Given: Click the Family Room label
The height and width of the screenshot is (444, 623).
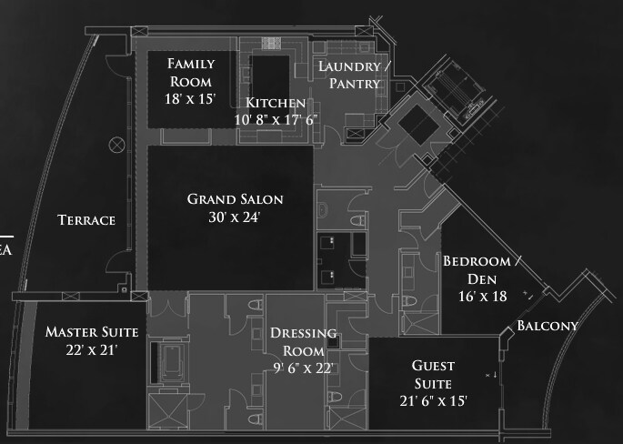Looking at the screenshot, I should pos(191,72).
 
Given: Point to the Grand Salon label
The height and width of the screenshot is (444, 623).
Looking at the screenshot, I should pos(236,199).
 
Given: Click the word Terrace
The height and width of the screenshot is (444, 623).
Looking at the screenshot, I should pos(86,220).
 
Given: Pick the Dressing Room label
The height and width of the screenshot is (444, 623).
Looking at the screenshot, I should pos(303,341).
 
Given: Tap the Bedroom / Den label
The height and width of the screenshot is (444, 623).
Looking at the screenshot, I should pos(484,270).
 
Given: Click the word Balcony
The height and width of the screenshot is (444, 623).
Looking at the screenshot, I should pos(548,326).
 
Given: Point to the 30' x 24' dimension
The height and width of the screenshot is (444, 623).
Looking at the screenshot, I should pos(236,217).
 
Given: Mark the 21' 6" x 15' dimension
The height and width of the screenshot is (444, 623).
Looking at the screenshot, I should pos(433,400).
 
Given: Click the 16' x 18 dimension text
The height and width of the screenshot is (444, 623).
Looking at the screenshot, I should pos(484,296).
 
